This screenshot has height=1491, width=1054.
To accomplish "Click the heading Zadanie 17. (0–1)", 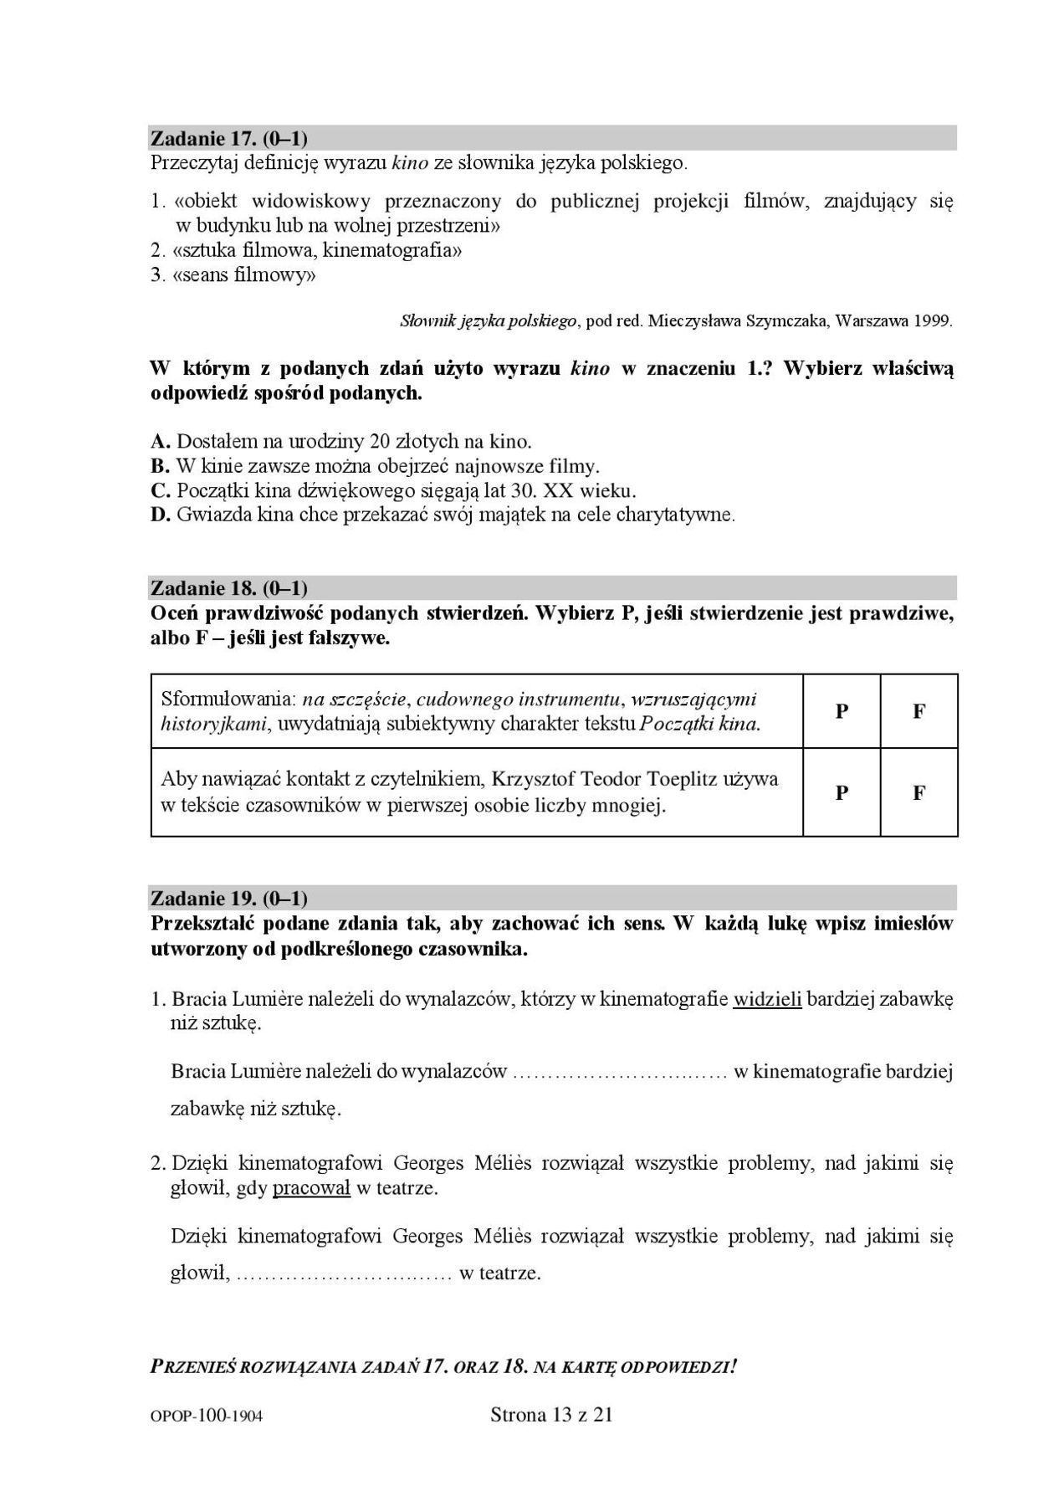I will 229,138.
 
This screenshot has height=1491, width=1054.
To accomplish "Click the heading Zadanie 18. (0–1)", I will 229,588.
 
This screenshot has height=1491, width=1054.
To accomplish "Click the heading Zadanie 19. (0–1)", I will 229,899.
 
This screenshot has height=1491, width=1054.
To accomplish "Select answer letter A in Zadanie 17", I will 161,441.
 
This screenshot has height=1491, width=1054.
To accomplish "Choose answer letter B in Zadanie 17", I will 161,466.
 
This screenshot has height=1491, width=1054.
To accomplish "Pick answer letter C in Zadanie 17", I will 161,490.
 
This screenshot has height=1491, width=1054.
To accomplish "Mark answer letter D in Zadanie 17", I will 161,515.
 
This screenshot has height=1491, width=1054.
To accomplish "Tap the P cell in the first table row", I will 842,711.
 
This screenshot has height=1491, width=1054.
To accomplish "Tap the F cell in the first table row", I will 918,711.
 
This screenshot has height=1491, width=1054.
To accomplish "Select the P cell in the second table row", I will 842,792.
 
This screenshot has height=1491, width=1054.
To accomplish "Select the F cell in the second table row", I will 918,792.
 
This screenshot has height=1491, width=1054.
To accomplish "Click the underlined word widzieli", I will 767,998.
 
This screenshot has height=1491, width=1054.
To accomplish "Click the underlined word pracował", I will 311,1187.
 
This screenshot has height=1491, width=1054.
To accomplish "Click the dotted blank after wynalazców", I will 618,1073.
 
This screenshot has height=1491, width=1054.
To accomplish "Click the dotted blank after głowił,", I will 344,1274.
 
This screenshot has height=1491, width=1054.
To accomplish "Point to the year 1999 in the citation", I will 933,320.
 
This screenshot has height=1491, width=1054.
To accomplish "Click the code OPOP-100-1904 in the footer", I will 207,1416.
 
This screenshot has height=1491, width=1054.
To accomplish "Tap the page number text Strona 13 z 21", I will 551,1415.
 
